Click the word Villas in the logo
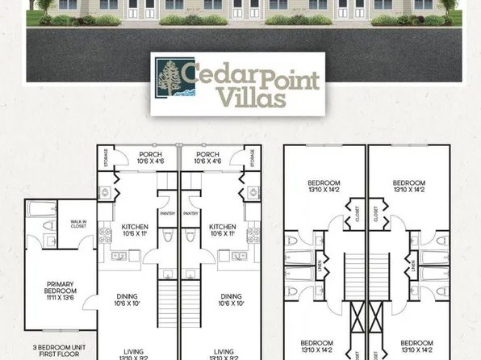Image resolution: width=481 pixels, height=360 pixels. (x=251, y=98)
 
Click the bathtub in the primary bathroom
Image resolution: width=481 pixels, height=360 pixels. (x=37, y=211)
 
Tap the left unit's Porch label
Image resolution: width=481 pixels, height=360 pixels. (x=152, y=157)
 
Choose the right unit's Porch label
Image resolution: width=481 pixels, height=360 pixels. (x=208, y=157)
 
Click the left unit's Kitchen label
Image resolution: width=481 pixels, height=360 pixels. (x=135, y=230)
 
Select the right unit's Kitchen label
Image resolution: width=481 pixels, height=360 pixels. (x=222, y=230)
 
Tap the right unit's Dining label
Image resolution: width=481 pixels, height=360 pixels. (x=231, y=299)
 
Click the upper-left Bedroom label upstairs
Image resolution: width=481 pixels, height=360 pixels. (x=324, y=186)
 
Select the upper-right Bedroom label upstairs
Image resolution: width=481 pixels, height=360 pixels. (x=408, y=186)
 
